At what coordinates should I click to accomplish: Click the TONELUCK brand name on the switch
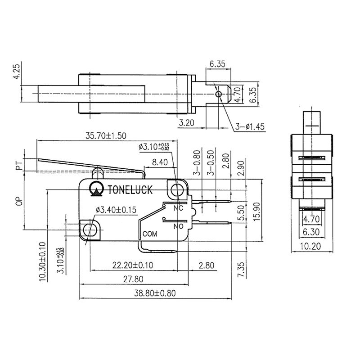tap(130, 189)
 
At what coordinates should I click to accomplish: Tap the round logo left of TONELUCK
tap(96, 190)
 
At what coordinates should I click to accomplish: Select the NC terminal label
tap(178, 208)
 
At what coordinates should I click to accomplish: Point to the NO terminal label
tap(178, 226)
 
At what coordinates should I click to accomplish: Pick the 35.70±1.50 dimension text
tap(105, 135)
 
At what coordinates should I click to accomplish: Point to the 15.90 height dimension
tap(256, 209)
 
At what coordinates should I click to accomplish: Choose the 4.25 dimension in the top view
tap(17, 72)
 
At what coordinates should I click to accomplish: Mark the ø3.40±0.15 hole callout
tap(116, 209)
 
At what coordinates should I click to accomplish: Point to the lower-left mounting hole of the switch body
tap(89, 229)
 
